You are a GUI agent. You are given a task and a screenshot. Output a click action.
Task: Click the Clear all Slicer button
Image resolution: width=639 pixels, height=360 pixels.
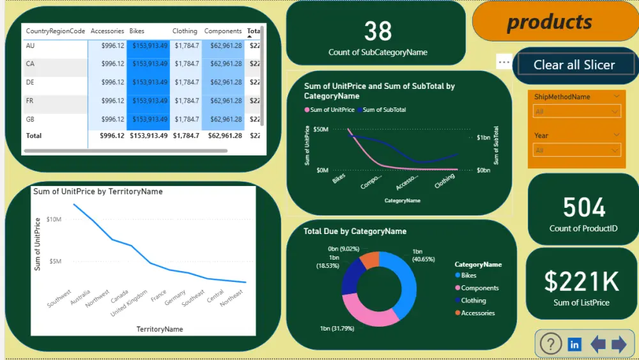[574, 65]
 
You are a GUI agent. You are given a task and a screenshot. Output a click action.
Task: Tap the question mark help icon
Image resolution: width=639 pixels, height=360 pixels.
[550, 344]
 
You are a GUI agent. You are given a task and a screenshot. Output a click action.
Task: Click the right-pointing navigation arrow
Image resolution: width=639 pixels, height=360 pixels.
[619, 345]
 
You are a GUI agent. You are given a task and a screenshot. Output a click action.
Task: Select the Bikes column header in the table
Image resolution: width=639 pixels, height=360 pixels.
[137, 31]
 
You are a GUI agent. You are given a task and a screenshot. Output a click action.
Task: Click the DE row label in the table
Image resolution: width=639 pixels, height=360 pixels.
[30, 82]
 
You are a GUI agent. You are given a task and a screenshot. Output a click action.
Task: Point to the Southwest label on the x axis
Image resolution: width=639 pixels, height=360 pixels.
[59, 297]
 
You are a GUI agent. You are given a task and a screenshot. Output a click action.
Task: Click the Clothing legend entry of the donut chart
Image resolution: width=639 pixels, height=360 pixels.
[473, 301]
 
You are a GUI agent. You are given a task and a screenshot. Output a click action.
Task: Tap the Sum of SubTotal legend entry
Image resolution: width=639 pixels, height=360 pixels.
[383, 110]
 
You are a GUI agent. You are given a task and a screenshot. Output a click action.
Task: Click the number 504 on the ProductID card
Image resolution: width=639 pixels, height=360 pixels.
[583, 208]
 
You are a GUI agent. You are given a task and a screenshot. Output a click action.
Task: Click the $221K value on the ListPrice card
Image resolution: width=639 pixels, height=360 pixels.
[581, 281]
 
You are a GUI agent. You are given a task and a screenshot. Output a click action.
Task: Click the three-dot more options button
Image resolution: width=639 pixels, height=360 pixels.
[504, 62]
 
